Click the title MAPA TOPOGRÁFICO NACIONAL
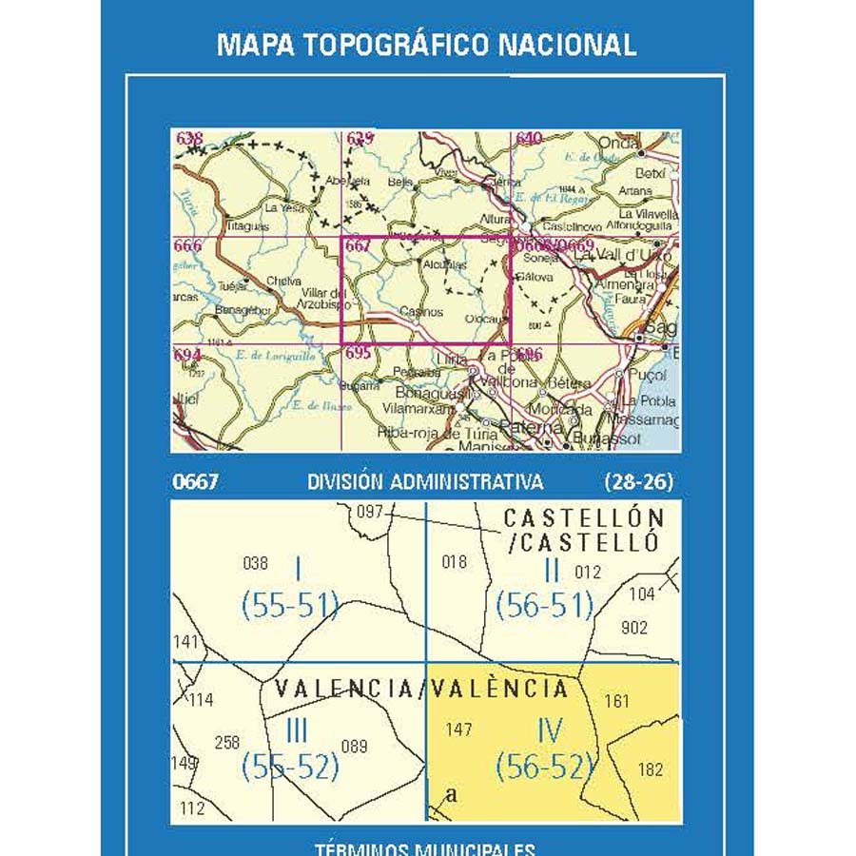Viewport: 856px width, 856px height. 426,45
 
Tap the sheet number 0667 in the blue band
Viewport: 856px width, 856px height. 196,482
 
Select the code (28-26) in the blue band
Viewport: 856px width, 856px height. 638,482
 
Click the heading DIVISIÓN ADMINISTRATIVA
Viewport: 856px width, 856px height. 425,482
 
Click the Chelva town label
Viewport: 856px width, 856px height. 284,282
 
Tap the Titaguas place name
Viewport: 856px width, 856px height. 248,227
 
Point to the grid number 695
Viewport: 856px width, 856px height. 358,353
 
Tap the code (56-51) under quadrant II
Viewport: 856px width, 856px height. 545,605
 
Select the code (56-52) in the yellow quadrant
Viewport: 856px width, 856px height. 545,766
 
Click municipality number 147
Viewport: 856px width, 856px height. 458,730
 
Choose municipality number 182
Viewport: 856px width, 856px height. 652,769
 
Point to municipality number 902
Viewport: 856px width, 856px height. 633,628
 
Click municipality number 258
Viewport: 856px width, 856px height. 227,743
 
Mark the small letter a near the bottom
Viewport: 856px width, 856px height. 452,795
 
